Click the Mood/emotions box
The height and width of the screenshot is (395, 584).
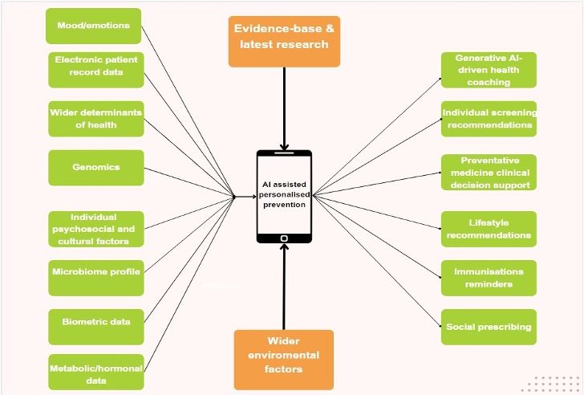click(x=94, y=26)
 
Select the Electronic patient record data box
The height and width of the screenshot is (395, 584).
click(x=96, y=70)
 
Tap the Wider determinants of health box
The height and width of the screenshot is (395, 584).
click(x=95, y=119)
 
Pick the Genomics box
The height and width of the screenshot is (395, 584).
click(x=95, y=167)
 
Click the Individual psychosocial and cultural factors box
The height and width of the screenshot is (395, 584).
click(x=96, y=229)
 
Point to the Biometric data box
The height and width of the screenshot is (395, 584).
click(x=96, y=322)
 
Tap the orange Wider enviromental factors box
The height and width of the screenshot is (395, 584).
click(x=284, y=355)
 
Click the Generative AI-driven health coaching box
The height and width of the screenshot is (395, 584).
click(x=488, y=70)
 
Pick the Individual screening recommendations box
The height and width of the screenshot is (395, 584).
click(x=489, y=119)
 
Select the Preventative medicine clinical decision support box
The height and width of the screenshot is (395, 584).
click(x=488, y=173)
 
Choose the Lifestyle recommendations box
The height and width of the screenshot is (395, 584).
click(x=488, y=229)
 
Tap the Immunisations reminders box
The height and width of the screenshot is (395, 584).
click(x=488, y=278)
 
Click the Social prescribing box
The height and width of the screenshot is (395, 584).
click(x=488, y=327)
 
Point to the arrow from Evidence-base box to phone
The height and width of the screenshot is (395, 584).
click(x=284, y=104)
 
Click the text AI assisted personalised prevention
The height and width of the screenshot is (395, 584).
click(x=284, y=194)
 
